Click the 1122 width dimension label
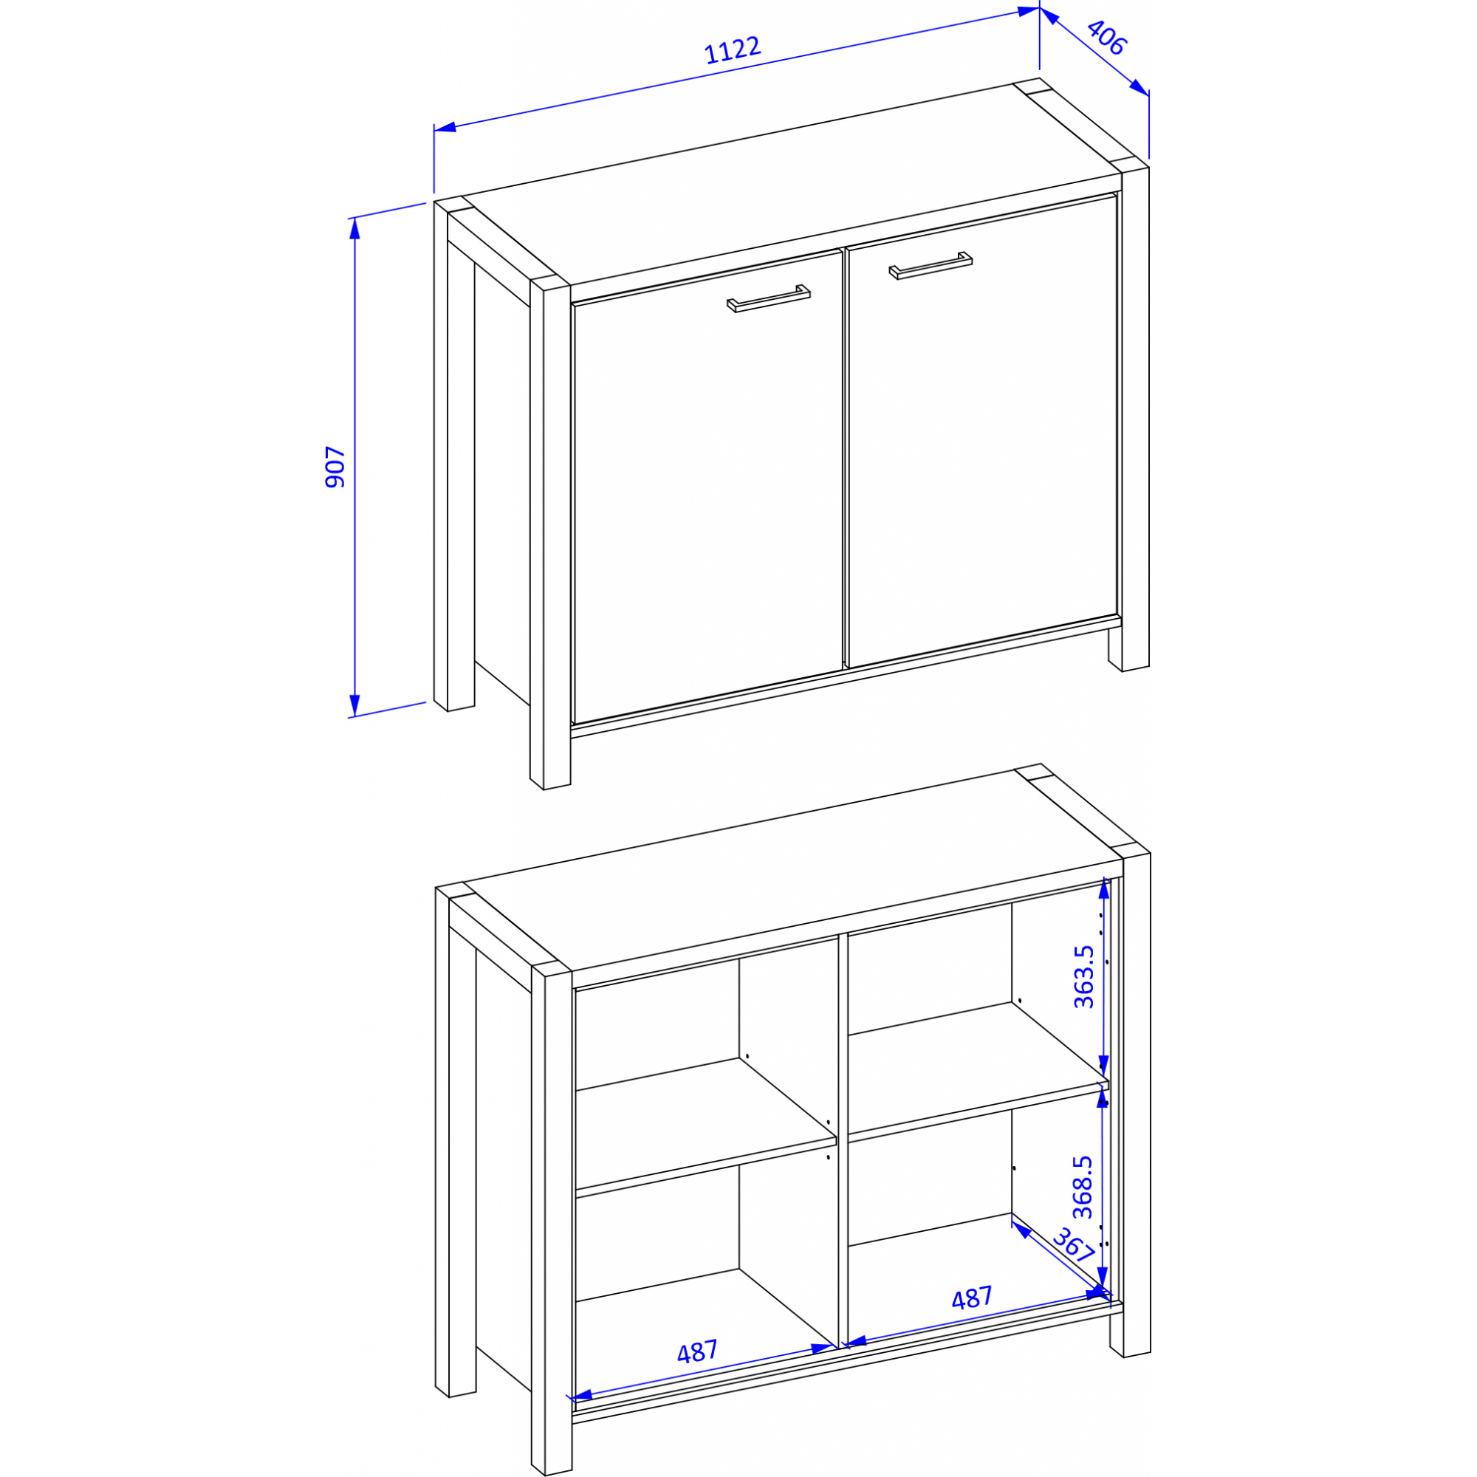tap(733, 49)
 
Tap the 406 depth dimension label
tap(1106, 38)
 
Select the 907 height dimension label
tap(335, 467)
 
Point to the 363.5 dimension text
tap(1084, 977)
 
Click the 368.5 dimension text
tap(1083, 1187)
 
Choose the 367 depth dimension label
tap(1074, 1245)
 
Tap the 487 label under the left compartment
tap(697, 1352)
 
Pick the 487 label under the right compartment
tap(972, 1298)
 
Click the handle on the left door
tap(768, 298)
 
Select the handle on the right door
tap(931, 265)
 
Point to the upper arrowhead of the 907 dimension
tap(354, 227)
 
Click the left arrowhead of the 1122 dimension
tap(445, 127)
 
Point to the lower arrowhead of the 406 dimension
tap(1140, 88)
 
